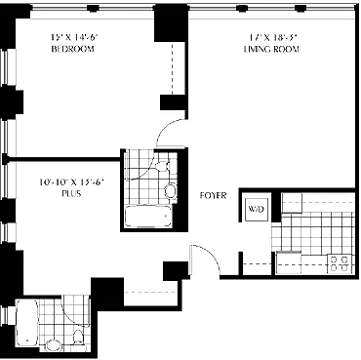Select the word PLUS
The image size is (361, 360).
click(x=68, y=193)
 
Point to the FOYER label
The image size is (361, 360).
click(x=213, y=195)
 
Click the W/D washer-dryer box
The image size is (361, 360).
click(x=257, y=209)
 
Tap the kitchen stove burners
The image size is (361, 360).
click(x=340, y=261)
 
